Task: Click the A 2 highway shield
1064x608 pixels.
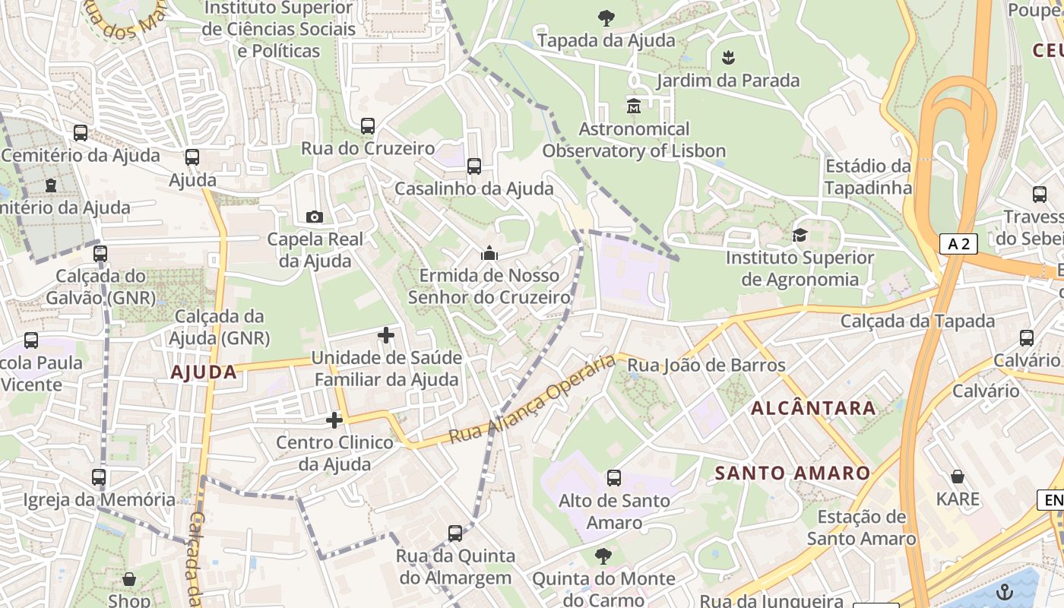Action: [958, 244]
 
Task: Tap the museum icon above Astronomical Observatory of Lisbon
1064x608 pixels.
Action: [634, 106]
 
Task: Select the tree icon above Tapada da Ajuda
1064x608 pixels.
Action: [606, 18]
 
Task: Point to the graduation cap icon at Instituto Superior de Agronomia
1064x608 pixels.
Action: [800, 236]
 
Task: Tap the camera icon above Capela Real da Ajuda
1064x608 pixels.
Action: [314, 217]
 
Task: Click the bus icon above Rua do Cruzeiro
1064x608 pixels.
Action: [368, 126]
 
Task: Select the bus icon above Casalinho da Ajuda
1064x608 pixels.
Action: [474, 166]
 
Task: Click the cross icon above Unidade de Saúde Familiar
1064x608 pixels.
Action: [386, 334]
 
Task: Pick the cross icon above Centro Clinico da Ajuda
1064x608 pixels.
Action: [334, 420]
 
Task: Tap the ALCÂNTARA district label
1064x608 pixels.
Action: [813, 408]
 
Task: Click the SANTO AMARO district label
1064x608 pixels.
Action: [793, 473]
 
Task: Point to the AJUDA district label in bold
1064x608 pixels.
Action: [204, 372]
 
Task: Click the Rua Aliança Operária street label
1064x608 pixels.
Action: [531, 399]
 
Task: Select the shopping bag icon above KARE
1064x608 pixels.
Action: [958, 477]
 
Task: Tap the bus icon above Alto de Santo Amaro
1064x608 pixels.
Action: [614, 478]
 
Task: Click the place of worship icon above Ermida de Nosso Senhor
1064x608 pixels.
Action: [489, 253]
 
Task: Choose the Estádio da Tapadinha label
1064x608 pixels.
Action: [868, 176]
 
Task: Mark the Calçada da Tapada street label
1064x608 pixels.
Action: [917, 321]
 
